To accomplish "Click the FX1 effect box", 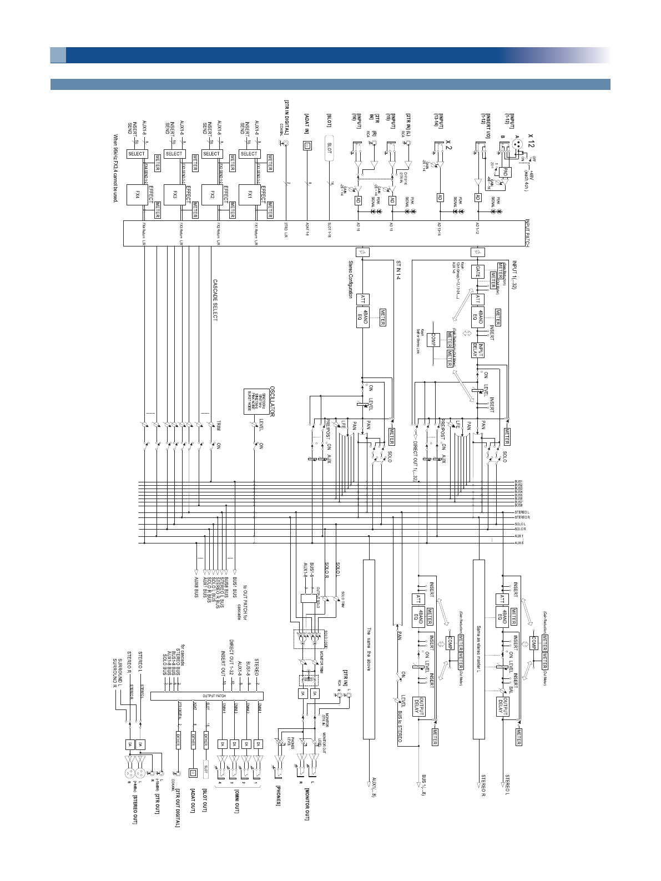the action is click(249, 195).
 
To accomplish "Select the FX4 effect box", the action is click(137, 195).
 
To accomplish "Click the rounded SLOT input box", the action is click(330, 148).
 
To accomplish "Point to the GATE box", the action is click(478, 272).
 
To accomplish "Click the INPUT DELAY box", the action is click(478, 350).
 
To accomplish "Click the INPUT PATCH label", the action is click(527, 233).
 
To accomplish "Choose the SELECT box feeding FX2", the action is click(211, 154).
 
